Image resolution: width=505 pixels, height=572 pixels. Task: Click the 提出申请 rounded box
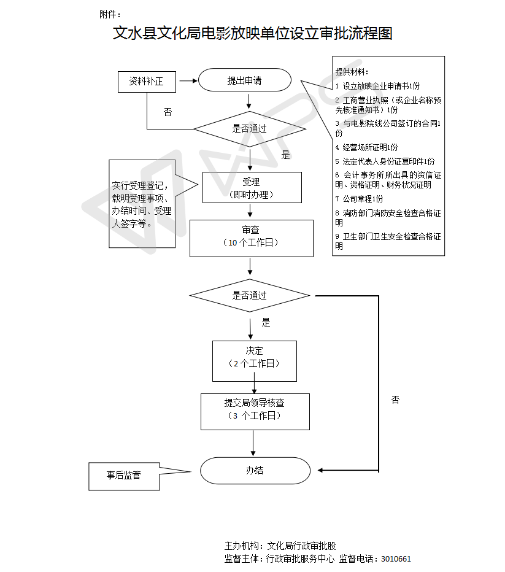[x=244, y=80]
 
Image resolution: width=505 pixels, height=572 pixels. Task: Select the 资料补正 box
[x=146, y=81]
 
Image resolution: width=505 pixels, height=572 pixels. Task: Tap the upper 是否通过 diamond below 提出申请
[x=249, y=129]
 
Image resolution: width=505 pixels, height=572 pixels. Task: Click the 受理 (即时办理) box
[x=252, y=187]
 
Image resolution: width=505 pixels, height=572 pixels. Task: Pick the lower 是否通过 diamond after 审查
[x=249, y=295]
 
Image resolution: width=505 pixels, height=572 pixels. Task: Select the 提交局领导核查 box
[x=254, y=410]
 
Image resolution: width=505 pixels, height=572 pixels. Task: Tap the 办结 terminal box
[x=255, y=470]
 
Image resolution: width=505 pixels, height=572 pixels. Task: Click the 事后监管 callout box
[x=123, y=476]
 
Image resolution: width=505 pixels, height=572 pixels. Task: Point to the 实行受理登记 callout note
[x=141, y=204]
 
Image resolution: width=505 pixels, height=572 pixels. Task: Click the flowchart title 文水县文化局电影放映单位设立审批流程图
[x=252, y=33]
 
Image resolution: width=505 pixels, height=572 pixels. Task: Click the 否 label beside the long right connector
[x=395, y=400]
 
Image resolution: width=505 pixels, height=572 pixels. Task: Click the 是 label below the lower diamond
[x=266, y=322]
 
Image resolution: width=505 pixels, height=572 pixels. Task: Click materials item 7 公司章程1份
[x=359, y=199]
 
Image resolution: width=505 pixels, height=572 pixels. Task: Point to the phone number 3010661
[x=396, y=559]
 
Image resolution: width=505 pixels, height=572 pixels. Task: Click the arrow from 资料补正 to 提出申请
[x=187, y=80]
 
